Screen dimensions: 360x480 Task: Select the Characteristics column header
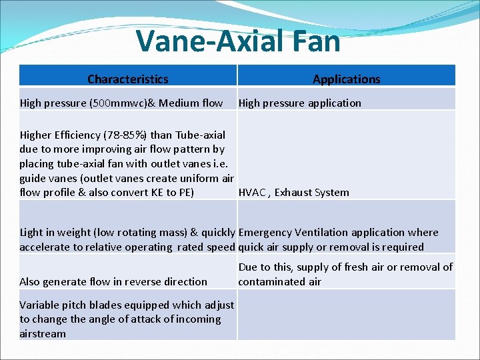(127, 79)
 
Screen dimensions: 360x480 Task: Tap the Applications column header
(346, 79)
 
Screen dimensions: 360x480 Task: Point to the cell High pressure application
(299, 103)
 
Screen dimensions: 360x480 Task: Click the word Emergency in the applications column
(265, 233)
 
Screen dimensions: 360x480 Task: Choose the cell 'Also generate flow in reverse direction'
(113, 282)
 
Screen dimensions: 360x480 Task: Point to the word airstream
(43, 334)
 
